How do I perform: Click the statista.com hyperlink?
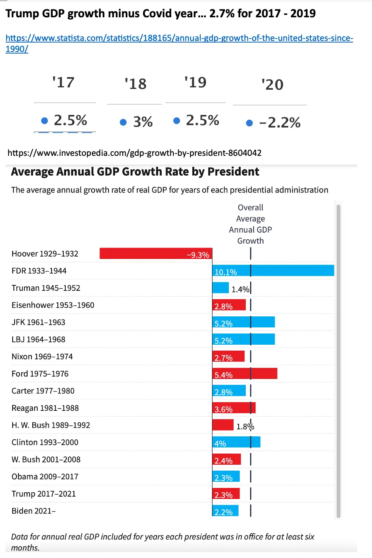coord(179,39)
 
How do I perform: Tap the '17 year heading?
coord(63,83)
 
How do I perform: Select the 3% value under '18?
coord(143,122)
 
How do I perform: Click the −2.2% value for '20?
coord(280,123)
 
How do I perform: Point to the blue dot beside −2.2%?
coord(249,123)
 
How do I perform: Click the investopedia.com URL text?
coord(134,153)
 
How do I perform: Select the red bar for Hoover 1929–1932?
coord(156,253)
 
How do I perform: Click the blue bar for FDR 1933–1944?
coord(273,271)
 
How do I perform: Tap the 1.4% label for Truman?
coord(240,290)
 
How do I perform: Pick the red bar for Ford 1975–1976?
coord(245,374)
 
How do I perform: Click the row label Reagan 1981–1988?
coord(45,408)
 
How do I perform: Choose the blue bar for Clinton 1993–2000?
coord(236,442)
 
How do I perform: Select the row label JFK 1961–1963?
coord(39,322)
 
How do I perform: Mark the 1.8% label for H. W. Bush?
coord(245,427)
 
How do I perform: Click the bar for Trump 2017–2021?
coord(226,494)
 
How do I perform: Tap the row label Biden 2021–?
coord(33,511)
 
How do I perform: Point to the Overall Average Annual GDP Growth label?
coord(250,224)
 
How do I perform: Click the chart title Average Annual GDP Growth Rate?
coord(135,172)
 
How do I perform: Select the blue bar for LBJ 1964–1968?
coord(243,339)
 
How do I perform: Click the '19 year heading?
coord(195,83)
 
